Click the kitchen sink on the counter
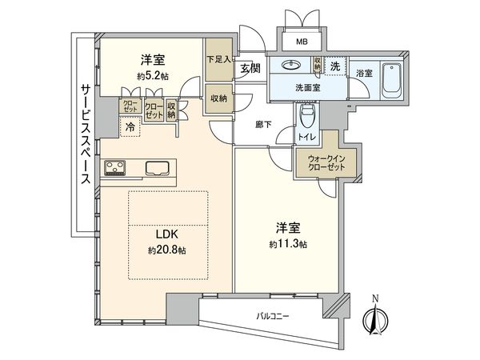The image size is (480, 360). click(157, 168)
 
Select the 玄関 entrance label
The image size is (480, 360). click(247, 70)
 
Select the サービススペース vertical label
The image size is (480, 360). click(84, 134)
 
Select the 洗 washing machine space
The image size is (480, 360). click(337, 67)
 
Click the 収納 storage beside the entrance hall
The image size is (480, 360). click(217, 100)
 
